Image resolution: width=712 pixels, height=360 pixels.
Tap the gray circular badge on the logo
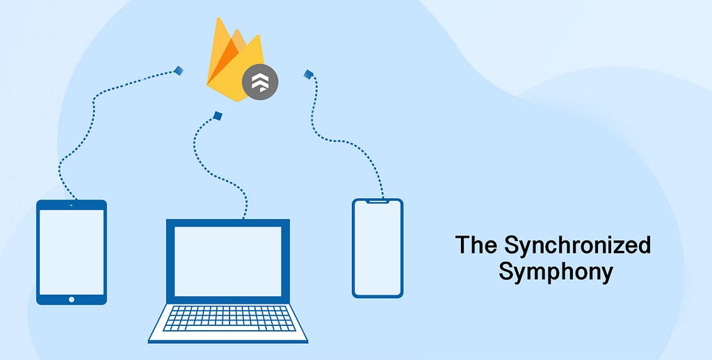(x=260, y=82)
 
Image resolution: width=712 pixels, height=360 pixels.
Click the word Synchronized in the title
(x=577, y=246)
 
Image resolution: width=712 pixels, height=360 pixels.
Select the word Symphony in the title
(x=556, y=272)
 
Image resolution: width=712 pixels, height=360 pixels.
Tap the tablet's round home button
(x=72, y=299)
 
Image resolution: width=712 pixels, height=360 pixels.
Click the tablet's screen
(x=72, y=252)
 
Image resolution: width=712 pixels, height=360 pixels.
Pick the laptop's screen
(x=228, y=261)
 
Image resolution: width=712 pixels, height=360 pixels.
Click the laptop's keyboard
(x=228, y=318)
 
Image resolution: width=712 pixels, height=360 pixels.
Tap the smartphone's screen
(x=378, y=248)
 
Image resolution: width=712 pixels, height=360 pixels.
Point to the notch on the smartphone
(x=378, y=201)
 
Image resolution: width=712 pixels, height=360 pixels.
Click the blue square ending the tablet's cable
(x=179, y=70)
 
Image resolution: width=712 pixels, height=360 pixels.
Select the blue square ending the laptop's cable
(x=218, y=116)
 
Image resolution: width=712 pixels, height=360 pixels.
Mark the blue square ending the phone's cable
(x=309, y=74)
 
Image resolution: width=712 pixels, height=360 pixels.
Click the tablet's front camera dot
(x=72, y=205)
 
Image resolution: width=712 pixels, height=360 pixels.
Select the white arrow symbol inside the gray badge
(x=260, y=82)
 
